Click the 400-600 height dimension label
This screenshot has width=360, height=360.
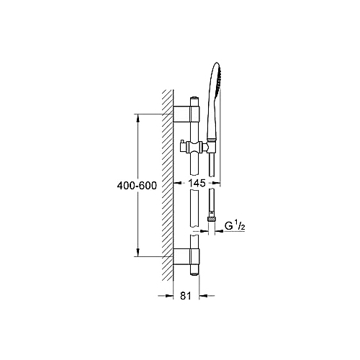coord(137,186)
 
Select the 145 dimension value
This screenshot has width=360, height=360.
coord(197,183)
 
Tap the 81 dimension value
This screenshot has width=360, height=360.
coord(186,296)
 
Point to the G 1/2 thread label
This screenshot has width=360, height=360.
coord(235,226)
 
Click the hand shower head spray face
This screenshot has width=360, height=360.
coord(218,79)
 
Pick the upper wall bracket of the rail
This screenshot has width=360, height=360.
coord(186,114)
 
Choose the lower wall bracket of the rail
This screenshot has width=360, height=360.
coord(186,256)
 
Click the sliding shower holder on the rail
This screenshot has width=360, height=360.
coord(194,147)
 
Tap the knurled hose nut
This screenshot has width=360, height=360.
coord(212,219)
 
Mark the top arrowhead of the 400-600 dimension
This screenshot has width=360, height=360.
coord(138,117)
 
